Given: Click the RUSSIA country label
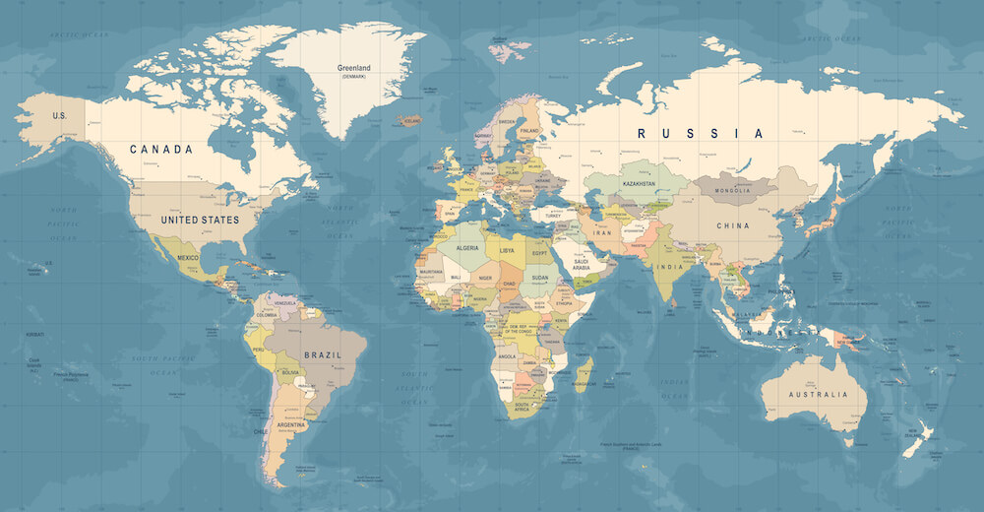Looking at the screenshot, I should click(x=700, y=133).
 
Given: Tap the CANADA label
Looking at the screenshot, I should click(x=161, y=150).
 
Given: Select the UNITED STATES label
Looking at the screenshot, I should click(x=201, y=220).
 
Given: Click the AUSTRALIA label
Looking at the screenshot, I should click(x=817, y=395).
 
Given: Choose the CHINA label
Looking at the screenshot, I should click(x=732, y=225).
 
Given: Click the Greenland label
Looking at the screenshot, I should click(x=353, y=68).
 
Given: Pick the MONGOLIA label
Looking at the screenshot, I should click(x=733, y=190).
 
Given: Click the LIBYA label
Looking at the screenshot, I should click(x=508, y=251).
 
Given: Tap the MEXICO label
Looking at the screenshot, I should click(x=188, y=257).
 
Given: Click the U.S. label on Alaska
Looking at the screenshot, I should click(x=60, y=115).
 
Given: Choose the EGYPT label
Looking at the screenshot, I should click(x=540, y=253).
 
